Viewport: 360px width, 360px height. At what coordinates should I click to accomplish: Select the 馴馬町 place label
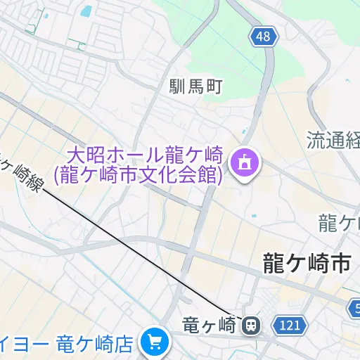point(195,87)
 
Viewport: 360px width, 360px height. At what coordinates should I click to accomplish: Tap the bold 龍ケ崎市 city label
point(307,264)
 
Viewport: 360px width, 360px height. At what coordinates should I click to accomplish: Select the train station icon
point(250,326)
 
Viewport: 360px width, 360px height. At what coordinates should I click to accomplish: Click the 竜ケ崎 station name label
point(208,326)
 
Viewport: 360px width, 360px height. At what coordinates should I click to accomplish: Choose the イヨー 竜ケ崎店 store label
point(67,344)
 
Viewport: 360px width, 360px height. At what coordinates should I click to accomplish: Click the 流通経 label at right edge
point(333,140)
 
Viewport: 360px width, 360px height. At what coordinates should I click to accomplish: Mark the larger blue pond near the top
point(86,11)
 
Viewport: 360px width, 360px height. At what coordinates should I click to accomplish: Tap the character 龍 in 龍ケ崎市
point(273,264)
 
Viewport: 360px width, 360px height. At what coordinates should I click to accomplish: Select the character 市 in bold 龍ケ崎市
point(340,264)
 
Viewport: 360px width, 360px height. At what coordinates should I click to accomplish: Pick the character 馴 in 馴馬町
point(177,87)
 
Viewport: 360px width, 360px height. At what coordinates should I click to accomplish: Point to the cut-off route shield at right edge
point(355,307)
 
